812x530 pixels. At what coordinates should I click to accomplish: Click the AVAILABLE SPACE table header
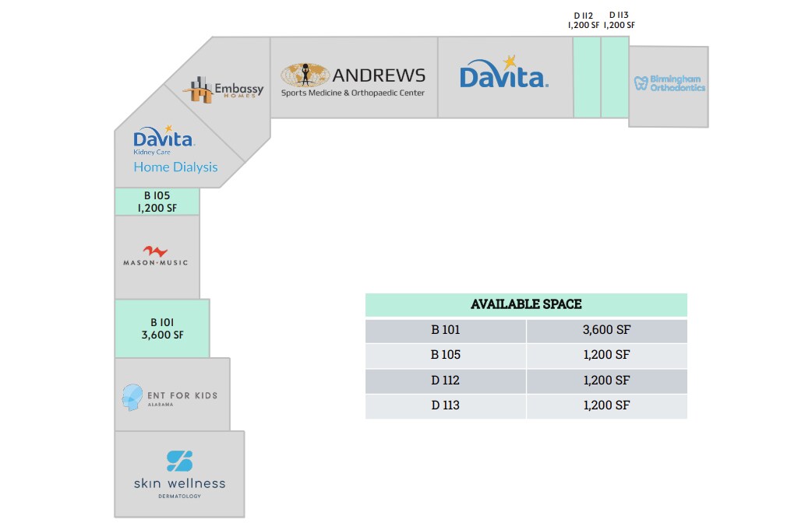point(526,304)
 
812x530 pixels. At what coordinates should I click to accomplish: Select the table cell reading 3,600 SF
point(607,331)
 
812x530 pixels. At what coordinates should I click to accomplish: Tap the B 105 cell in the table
point(446,355)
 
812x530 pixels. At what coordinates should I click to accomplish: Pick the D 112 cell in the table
point(446,381)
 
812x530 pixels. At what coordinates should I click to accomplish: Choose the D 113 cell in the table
point(446,405)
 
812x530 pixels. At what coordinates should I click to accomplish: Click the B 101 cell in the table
point(446,331)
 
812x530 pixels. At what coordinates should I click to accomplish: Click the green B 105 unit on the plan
point(157,202)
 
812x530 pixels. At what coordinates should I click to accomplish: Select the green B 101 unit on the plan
point(162,328)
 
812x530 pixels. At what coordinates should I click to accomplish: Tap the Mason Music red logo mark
point(155,251)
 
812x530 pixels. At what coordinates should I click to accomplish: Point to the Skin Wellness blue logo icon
point(180,461)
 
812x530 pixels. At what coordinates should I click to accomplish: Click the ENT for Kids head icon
point(132,397)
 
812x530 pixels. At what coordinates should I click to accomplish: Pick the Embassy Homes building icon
point(198,90)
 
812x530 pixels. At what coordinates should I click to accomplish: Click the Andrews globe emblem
point(305,75)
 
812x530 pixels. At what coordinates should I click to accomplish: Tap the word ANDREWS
point(379,75)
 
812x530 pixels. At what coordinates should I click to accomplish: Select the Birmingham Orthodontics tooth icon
point(641,83)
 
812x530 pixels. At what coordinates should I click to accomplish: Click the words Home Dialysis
point(175,167)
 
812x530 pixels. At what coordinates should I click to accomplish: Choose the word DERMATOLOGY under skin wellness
point(180,496)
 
